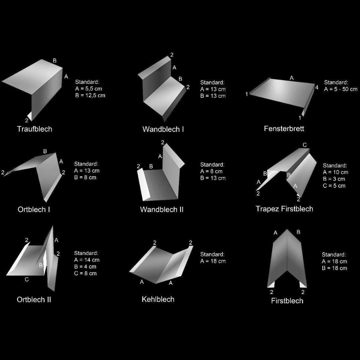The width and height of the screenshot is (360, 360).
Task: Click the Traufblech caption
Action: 35,129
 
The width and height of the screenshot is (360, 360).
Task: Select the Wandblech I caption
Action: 163,129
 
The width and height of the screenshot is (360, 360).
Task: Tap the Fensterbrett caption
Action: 284,129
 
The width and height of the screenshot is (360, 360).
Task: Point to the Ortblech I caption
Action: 34,209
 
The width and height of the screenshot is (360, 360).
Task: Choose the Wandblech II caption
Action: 162,209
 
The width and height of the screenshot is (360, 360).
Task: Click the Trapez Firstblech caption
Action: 284,209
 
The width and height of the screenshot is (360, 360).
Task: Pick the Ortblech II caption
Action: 34,299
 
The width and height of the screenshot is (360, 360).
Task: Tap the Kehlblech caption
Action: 158,299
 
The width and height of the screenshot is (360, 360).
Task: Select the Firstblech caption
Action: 287,301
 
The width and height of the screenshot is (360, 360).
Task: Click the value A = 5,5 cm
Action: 89,89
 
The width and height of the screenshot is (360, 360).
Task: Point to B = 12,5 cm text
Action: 90,95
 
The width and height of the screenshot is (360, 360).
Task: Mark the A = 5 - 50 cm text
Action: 341,89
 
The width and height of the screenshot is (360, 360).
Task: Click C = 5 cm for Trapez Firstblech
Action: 334,186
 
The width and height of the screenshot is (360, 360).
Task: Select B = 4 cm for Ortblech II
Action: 85,267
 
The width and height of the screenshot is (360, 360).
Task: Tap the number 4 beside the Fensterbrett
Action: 317,87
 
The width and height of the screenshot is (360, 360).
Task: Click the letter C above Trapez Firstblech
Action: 305,145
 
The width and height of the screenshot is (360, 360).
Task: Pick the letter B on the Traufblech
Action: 55,61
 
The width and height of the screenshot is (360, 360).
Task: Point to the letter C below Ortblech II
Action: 27,279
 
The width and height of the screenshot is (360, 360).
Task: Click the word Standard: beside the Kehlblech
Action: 212,254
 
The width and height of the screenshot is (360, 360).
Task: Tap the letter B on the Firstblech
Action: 298,232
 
